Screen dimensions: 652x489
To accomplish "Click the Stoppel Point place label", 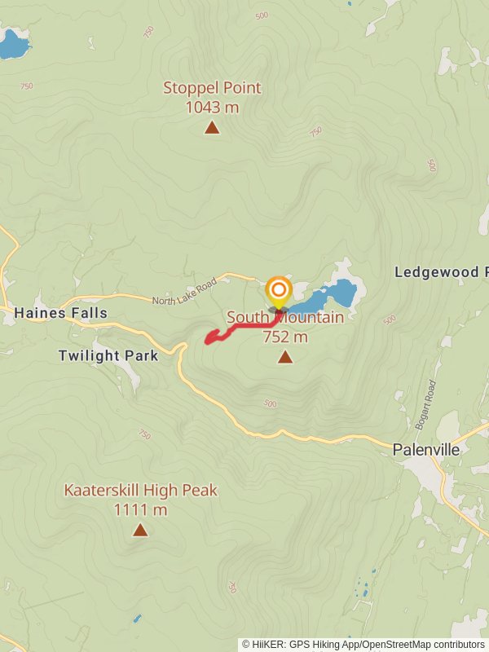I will pyautogui.click(x=212, y=88).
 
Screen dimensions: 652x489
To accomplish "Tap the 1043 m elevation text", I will pyautogui.click(x=212, y=107).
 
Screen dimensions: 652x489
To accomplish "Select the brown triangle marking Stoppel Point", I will pyautogui.click(x=212, y=127).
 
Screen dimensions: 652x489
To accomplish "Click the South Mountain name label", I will pyautogui.click(x=285, y=318).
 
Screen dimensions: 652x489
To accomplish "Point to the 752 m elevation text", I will pyautogui.click(x=285, y=337).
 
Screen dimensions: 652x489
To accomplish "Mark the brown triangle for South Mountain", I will pyautogui.click(x=285, y=357).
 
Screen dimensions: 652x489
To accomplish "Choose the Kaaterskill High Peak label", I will pyautogui.click(x=140, y=491).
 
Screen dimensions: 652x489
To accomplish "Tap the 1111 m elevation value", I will pyautogui.click(x=140, y=510).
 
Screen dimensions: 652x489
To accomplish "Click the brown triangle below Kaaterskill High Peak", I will pyautogui.click(x=140, y=531).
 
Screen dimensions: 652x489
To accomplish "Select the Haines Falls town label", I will pyautogui.click(x=60, y=313).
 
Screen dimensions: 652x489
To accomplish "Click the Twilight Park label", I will pyautogui.click(x=108, y=355).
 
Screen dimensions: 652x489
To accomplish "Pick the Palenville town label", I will pyautogui.click(x=426, y=449).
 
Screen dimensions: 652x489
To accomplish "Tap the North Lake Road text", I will pyautogui.click(x=184, y=292).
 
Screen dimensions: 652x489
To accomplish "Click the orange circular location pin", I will pyautogui.click(x=278, y=290).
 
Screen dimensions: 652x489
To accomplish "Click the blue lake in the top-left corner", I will pyautogui.click(x=11, y=45).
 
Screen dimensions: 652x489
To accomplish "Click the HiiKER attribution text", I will pyautogui.click(x=363, y=645).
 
